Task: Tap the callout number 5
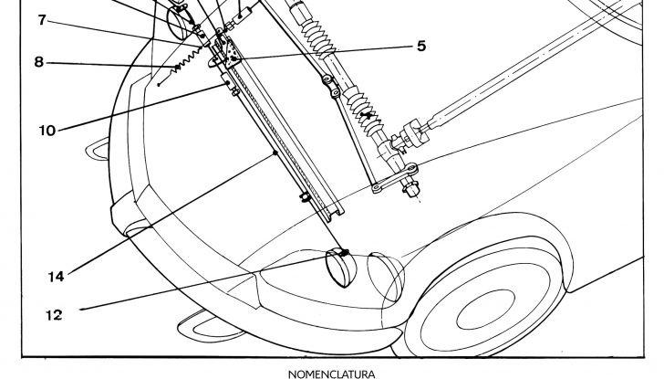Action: click(420, 45)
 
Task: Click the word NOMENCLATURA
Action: click(331, 373)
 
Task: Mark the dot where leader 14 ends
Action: click(276, 155)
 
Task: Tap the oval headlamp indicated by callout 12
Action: click(345, 268)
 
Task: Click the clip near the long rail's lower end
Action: click(304, 197)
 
